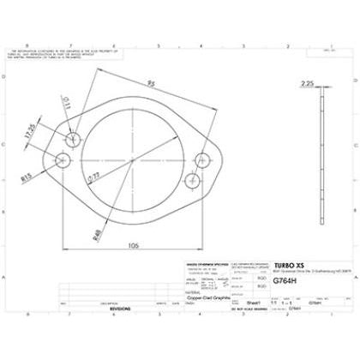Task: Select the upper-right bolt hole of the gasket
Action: pyautogui.click(x=203, y=158)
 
